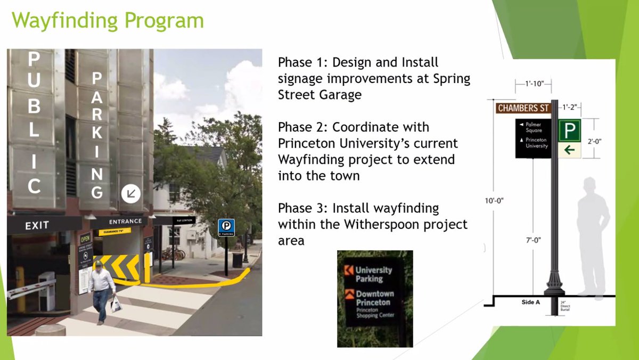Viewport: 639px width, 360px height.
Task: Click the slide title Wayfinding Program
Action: [108, 21]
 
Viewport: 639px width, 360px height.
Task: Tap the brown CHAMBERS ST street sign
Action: [523, 108]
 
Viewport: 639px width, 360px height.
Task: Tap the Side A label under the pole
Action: [530, 302]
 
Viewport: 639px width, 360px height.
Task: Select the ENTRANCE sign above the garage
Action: [125, 221]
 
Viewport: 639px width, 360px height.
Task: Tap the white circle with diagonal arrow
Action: [130, 194]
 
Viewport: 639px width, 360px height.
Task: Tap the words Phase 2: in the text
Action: [300, 128]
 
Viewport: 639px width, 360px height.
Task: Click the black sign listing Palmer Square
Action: [533, 138]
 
